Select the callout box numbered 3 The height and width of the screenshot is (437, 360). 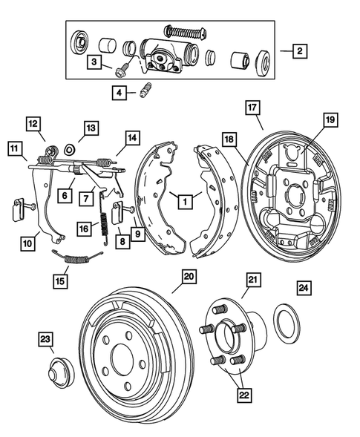(95, 62)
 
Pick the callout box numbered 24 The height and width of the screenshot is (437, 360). (304, 288)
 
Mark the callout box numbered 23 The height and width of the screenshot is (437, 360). (46, 340)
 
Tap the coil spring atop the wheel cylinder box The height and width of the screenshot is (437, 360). (183, 31)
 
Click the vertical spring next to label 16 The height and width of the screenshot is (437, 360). (107, 220)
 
